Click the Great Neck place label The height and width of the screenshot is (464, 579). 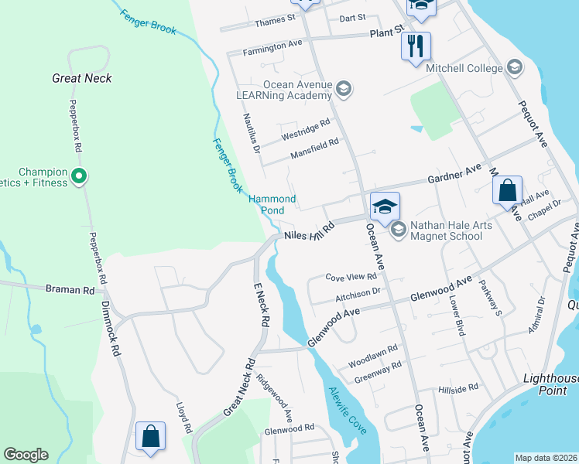[x=82, y=78]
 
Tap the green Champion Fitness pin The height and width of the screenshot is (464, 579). [x=78, y=178]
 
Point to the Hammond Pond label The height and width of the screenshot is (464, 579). [x=272, y=205]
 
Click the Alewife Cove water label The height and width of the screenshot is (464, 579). [x=346, y=410]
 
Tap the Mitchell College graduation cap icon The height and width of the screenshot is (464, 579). [x=514, y=68]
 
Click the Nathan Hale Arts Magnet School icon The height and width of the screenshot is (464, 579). [x=398, y=229]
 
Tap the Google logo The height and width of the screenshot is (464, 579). [x=26, y=454]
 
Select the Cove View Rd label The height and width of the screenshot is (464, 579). [x=351, y=276]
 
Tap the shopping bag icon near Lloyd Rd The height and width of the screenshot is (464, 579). [x=150, y=435]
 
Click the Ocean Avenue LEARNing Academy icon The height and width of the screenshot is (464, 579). [x=344, y=90]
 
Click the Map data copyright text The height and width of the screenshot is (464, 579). [x=546, y=458]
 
